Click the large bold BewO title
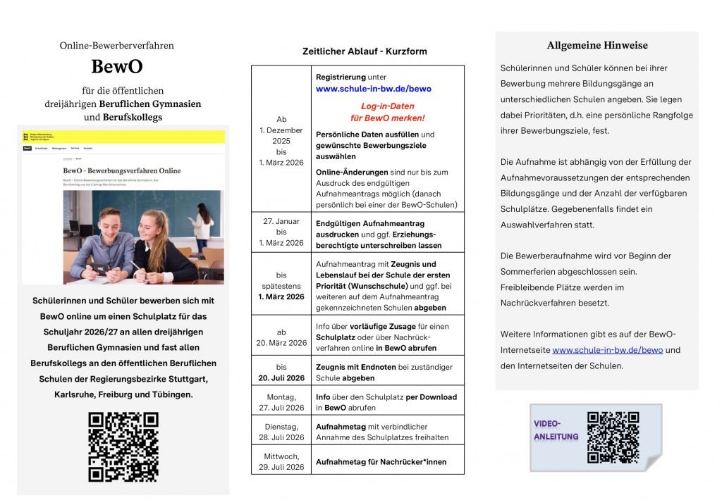click(x=116, y=67)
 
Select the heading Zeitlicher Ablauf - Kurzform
click(x=365, y=51)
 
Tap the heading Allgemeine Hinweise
click(x=596, y=46)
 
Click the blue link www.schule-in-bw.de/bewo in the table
click(x=373, y=89)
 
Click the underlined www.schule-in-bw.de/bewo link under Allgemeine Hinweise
click(x=607, y=350)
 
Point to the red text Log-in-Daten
click(x=387, y=106)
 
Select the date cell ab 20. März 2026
click(x=281, y=337)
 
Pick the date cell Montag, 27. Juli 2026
click(x=281, y=402)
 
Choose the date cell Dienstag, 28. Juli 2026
click(x=281, y=432)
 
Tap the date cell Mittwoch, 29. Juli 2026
click(x=281, y=461)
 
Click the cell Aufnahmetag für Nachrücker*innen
click(x=381, y=462)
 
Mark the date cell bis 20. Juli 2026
click(x=281, y=373)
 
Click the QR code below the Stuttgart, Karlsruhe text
click(x=123, y=446)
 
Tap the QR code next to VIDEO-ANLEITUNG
click(x=613, y=437)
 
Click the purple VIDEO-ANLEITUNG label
click(x=556, y=430)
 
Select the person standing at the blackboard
click(x=202, y=225)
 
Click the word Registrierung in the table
click(x=341, y=77)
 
